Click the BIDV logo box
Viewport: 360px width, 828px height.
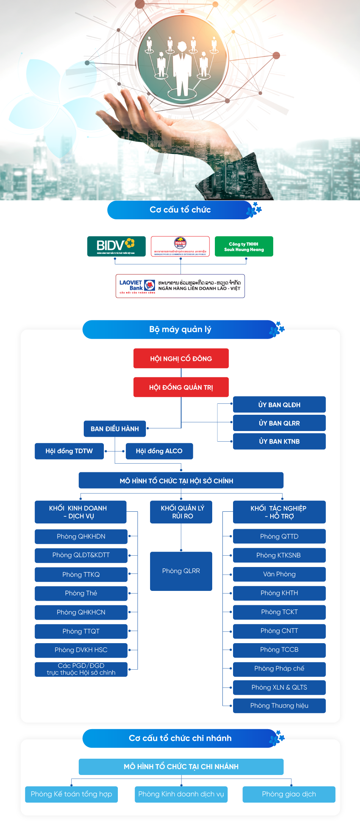point(116,246)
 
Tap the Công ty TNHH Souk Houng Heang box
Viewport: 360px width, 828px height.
point(244,247)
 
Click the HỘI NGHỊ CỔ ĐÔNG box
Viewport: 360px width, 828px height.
point(181,358)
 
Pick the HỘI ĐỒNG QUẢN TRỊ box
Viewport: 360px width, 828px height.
point(181,387)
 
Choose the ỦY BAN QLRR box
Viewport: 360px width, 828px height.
point(279,423)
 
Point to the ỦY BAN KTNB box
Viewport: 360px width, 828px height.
point(279,441)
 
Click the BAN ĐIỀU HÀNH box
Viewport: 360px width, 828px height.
point(114,429)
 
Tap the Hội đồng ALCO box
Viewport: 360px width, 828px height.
point(159,451)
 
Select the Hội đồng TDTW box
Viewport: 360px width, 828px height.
point(69,451)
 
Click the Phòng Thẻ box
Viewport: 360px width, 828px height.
point(81,593)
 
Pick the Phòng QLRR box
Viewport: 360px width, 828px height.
point(181,571)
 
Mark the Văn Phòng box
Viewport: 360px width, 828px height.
point(279,574)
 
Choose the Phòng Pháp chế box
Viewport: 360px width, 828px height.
point(279,669)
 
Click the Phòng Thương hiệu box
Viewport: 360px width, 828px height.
point(279,706)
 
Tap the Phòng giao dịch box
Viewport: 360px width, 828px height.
point(289,794)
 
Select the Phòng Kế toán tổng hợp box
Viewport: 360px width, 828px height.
point(71,794)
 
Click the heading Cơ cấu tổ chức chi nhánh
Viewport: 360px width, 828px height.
point(180,738)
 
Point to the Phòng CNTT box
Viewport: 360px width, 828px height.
point(279,631)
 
